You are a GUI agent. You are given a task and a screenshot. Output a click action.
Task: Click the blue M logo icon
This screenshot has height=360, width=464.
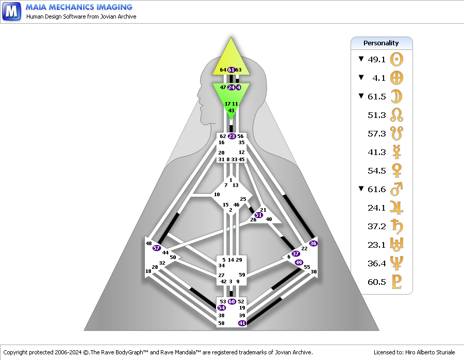[11, 11]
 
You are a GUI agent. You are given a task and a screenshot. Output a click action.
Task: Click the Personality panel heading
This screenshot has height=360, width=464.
[381, 43]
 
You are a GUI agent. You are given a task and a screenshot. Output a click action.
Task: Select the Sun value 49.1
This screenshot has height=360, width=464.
[376, 59]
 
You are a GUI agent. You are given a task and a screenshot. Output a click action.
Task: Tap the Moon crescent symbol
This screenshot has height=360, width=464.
[396, 96]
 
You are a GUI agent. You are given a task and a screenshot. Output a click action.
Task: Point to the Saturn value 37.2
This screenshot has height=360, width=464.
[376, 227]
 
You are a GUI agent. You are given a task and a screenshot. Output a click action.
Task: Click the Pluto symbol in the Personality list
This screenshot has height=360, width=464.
[396, 282]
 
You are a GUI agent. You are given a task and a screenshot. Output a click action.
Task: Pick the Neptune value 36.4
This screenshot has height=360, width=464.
[376, 263]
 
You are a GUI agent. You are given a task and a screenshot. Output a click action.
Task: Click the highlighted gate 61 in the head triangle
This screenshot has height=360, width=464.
[231, 70]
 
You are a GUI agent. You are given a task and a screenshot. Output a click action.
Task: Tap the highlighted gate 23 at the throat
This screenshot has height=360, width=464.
[231, 136]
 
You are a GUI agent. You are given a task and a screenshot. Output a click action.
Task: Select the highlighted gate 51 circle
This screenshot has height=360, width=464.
[259, 215]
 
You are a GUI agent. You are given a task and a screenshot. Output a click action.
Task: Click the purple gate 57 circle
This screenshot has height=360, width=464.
[157, 248]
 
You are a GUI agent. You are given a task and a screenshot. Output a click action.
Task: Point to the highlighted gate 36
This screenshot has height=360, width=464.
[313, 243]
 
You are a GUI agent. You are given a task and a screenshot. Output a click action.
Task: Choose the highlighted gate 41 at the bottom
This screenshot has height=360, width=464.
[242, 323]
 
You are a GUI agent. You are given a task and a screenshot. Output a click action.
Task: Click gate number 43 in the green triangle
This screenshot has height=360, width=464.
[231, 110]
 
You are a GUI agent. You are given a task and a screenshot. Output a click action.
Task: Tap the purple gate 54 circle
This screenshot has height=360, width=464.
[221, 307]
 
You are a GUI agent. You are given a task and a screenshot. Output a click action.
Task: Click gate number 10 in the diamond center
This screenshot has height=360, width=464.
[217, 195]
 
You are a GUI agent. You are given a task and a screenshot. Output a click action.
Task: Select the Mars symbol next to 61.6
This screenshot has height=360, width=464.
[396, 189]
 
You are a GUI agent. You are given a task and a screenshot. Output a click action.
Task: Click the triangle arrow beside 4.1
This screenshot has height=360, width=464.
[361, 77]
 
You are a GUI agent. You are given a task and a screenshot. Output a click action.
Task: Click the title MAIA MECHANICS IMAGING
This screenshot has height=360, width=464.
[79, 7]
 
